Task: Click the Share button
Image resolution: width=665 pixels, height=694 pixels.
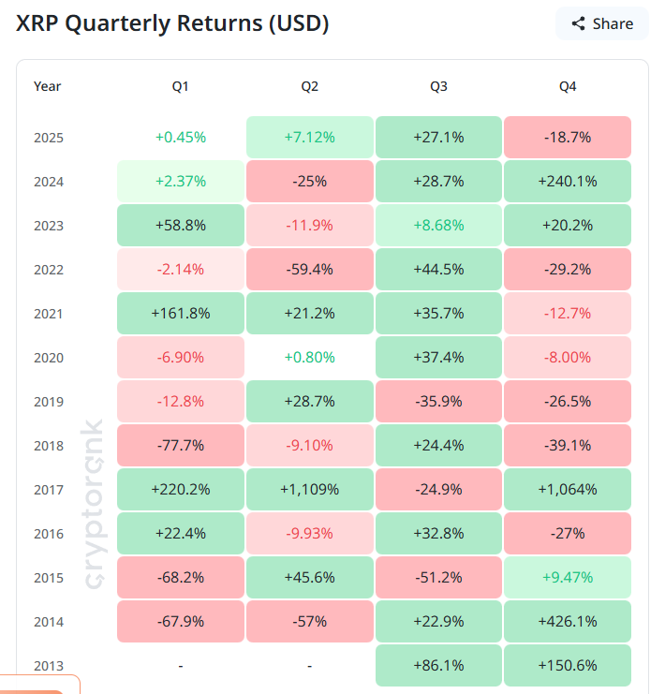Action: (x=602, y=23)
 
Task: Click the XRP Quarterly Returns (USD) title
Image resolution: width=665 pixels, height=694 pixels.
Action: (x=172, y=23)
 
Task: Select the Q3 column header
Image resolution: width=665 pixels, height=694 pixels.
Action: (x=438, y=86)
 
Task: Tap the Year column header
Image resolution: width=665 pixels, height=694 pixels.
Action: (x=48, y=86)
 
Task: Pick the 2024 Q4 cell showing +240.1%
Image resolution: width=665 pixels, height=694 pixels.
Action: (x=568, y=182)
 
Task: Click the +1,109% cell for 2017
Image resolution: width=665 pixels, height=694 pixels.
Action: (x=309, y=490)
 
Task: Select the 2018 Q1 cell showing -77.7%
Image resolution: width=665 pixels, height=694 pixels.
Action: (x=180, y=446)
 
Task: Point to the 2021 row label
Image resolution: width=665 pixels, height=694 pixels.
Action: (x=49, y=314)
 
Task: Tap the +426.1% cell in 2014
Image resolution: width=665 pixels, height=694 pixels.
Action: (x=568, y=622)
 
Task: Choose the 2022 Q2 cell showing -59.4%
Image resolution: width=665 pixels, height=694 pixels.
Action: (x=309, y=270)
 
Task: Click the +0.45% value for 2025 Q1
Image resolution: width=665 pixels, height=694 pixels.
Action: (x=180, y=138)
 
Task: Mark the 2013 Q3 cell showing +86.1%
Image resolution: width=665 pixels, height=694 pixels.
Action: (x=438, y=666)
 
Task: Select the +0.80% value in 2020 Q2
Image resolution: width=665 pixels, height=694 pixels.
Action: (x=309, y=358)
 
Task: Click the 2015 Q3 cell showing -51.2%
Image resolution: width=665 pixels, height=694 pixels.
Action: (x=438, y=578)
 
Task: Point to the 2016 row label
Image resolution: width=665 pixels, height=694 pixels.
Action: (x=49, y=534)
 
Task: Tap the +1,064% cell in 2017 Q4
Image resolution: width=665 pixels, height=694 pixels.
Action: (x=568, y=490)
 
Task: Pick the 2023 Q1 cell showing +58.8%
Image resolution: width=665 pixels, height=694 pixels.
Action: (x=180, y=226)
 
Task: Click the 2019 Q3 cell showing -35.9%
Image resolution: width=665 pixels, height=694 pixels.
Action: (x=438, y=402)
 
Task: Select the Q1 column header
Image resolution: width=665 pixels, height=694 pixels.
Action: (x=180, y=86)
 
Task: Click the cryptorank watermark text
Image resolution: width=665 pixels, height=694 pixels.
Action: (x=95, y=506)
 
